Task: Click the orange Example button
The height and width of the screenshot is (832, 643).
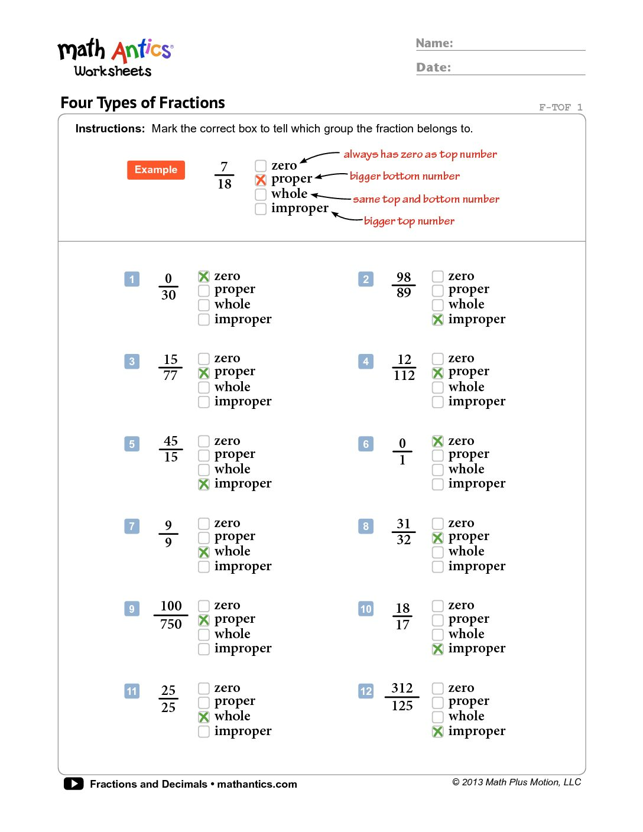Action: click(x=155, y=170)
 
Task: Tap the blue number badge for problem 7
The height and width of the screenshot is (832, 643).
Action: click(x=132, y=526)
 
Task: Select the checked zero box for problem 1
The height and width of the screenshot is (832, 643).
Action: click(x=204, y=277)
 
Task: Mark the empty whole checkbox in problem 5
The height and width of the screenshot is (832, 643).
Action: click(x=204, y=470)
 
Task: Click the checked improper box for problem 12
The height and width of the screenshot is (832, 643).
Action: click(x=438, y=732)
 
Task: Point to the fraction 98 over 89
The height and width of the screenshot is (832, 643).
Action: click(x=404, y=285)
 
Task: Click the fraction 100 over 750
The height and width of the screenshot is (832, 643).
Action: click(x=171, y=615)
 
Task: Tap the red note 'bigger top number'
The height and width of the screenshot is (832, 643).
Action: click(x=409, y=221)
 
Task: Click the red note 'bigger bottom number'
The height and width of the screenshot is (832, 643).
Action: click(x=405, y=176)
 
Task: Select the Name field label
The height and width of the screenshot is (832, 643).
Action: click(x=434, y=43)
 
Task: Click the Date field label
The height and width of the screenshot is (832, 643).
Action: click(x=433, y=67)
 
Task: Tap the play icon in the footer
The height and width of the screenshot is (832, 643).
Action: click(x=73, y=784)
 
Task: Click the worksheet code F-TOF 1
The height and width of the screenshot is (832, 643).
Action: click(x=560, y=107)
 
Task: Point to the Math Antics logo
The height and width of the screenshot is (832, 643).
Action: click(x=115, y=58)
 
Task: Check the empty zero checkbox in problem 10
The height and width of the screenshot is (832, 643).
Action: click(x=438, y=606)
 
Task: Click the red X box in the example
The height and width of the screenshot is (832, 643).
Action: click(x=261, y=180)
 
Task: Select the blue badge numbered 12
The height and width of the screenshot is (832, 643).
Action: click(x=366, y=691)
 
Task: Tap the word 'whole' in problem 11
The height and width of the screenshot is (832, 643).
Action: click(x=232, y=716)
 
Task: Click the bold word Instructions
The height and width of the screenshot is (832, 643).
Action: click(x=110, y=129)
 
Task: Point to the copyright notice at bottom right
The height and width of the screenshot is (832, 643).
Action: click(x=517, y=782)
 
